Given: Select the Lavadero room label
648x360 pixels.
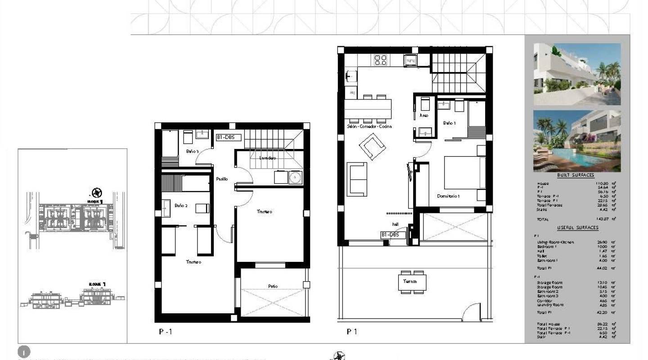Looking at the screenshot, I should (x=268, y=158).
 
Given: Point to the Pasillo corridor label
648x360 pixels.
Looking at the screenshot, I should (x=221, y=179).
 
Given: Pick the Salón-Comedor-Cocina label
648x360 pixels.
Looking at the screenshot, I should (x=369, y=126).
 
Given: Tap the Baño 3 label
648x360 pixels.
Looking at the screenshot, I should (x=193, y=151).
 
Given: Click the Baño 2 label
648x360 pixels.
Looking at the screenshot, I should (x=181, y=206).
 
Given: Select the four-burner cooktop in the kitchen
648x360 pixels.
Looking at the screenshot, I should (x=381, y=60).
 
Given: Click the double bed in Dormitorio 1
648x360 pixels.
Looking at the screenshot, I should (x=463, y=172).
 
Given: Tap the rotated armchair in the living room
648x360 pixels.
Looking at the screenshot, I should (x=372, y=148).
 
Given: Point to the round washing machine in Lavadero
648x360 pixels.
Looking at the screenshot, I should (x=295, y=178).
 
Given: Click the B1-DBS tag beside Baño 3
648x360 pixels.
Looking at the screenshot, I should (x=229, y=138).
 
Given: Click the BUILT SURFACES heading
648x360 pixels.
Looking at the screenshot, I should (x=576, y=175).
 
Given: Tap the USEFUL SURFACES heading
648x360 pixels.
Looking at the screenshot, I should (x=577, y=228).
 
